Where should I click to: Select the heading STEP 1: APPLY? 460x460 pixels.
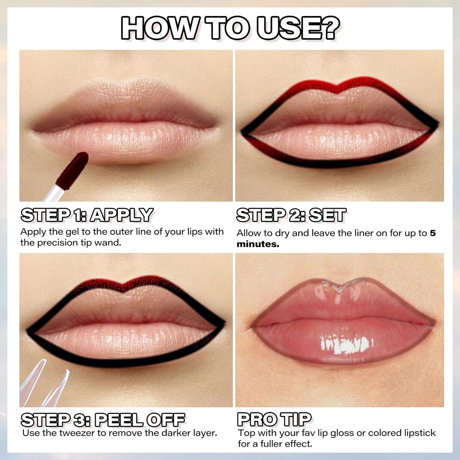(87, 215)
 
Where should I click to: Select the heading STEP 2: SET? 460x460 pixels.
(291, 215)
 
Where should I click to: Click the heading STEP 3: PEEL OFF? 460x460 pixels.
(103, 420)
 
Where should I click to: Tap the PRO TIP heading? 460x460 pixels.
(274, 419)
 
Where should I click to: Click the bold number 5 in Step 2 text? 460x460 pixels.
(432, 233)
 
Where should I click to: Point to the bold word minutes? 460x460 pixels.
(258, 244)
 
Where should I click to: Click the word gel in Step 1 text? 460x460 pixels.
(73, 232)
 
